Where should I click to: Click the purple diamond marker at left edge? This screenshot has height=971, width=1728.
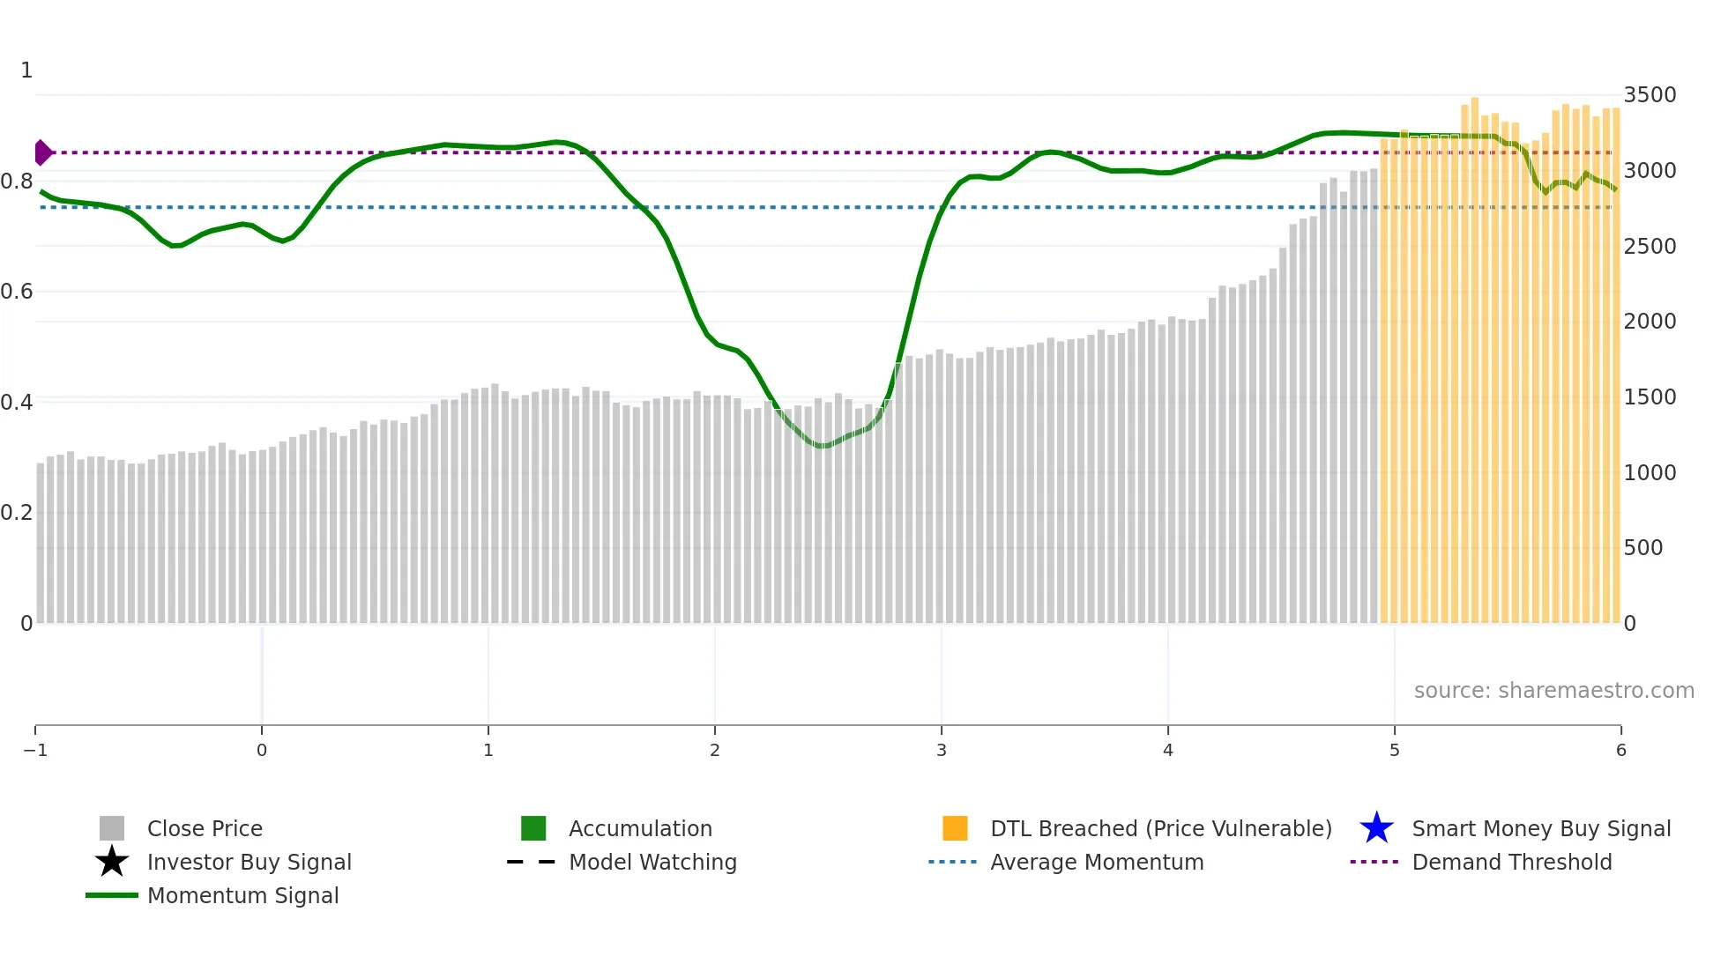click(42, 152)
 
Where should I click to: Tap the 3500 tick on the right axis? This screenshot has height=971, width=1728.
click(1650, 95)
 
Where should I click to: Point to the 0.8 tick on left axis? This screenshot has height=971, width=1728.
click(17, 182)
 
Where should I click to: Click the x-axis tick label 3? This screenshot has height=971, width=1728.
click(941, 751)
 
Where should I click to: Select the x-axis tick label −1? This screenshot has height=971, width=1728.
click(35, 751)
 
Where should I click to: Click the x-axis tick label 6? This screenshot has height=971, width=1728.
click(1620, 751)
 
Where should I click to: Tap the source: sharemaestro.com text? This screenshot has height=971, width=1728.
click(1553, 691)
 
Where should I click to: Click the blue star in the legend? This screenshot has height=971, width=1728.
click(1376, 828)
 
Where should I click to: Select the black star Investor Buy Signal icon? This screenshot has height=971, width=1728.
click(112, 862)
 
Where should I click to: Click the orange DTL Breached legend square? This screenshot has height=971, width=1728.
click(955, 828)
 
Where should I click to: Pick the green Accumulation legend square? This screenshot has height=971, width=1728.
click(533, 828)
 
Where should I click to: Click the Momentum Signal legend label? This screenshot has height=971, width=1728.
click(242, 896)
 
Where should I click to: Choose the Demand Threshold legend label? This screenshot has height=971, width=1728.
click(1511, 863)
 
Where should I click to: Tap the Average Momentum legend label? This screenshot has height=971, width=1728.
click(1097, 863)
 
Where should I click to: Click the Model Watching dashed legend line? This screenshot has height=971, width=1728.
click(531, 862)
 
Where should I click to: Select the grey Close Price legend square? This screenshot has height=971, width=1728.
click(112, 828)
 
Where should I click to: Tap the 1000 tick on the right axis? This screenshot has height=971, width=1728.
click(1650, 473)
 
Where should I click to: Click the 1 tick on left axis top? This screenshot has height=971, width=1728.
click(26, 70)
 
